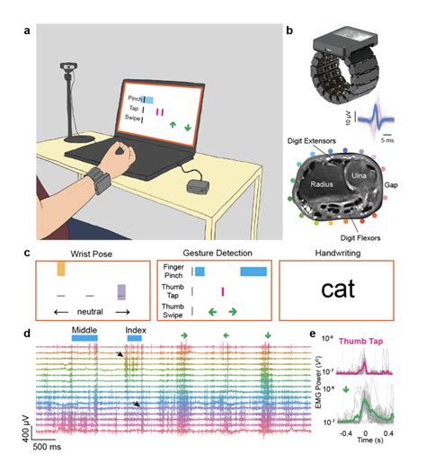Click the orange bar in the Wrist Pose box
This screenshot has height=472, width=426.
tap(61, 269)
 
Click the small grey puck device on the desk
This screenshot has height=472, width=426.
tap(195, 187)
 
